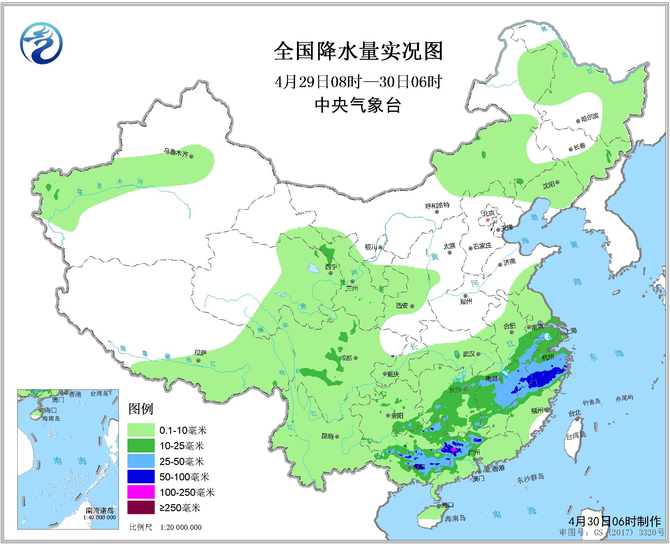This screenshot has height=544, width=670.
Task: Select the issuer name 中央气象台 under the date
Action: pos(358,105)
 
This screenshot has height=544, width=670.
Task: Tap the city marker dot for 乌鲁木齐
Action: pos(191,156)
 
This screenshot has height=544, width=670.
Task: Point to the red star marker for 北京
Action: pos(488,220)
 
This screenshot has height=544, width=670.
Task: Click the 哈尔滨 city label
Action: pos(590,117)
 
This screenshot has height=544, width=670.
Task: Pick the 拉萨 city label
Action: pos(201,353)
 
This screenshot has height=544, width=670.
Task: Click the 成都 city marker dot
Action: pos(356,358)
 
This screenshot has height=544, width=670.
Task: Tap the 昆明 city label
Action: pos(327,436)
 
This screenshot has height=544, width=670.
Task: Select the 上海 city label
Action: pos(571,331)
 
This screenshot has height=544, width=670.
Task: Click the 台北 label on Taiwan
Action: pos(574,414)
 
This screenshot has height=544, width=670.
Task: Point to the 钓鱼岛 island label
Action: pos(591,402)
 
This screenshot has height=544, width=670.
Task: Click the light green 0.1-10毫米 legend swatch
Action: pos(141,430)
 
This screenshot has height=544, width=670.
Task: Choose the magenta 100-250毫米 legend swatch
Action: pos(141,492)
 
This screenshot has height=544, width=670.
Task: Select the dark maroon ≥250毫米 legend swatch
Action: pos(141,507)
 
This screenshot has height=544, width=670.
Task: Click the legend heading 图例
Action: pos(141,409)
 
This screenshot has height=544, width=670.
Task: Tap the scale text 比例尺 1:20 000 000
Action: pos(166,527)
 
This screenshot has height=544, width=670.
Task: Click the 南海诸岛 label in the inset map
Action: pos(100,511)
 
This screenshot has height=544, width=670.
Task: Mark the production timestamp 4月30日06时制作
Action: pos(614,521)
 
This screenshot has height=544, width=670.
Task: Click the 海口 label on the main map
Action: pos(448,505)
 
